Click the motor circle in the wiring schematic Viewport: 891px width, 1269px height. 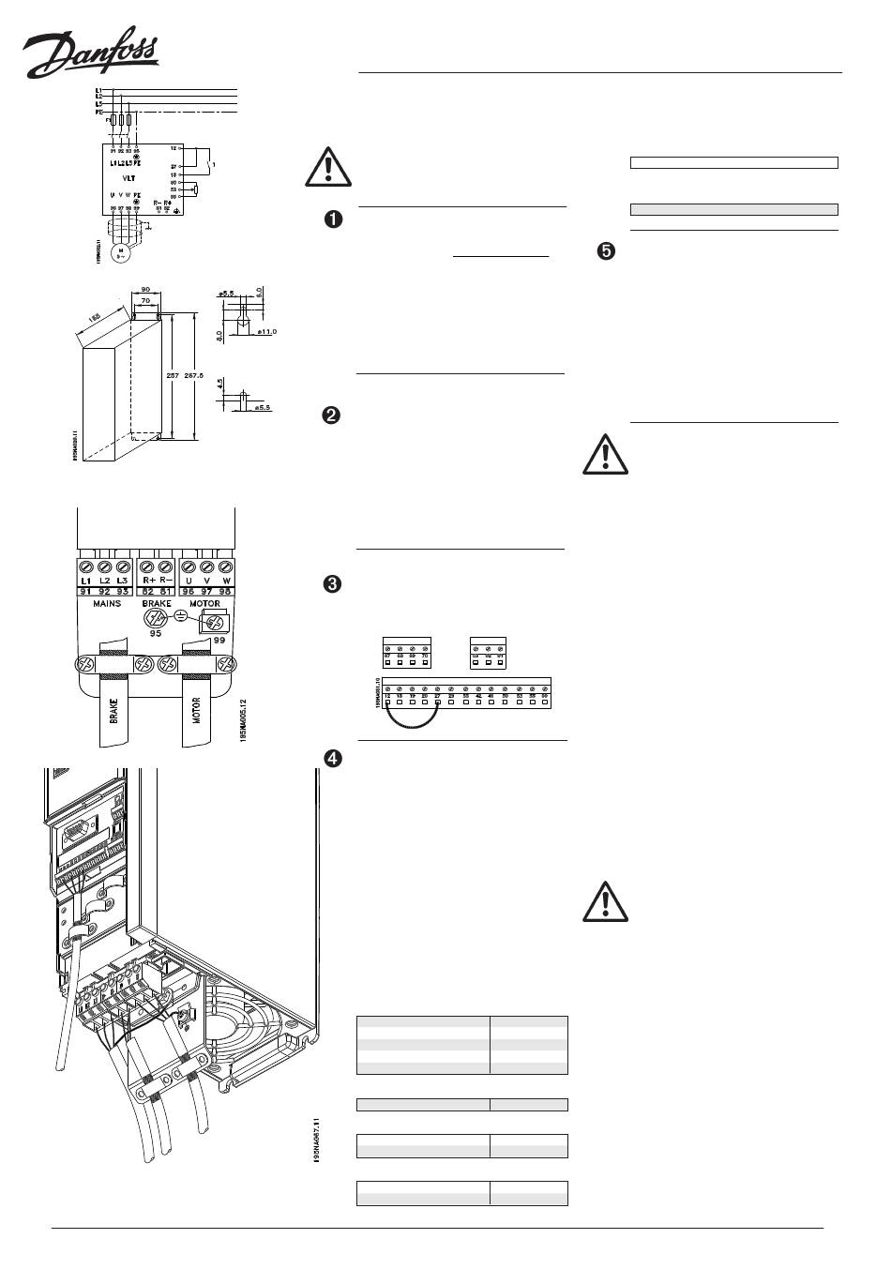[x=119, y=252]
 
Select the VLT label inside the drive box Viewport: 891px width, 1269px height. [x=128, y=175]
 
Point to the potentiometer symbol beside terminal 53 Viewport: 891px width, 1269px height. [x=194, y=189]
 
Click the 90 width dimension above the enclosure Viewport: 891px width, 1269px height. [x=145, y=290]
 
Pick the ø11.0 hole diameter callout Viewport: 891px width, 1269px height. [x=267, y=332]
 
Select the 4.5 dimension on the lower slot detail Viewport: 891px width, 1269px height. [x=218, y=385]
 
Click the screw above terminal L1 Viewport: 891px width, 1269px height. [x=85, y=568]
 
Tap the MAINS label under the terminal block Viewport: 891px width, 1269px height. [x=106, y=604]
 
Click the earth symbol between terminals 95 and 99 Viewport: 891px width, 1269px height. [x=182, y=618]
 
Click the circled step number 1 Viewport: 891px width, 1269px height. [x=332, y=219]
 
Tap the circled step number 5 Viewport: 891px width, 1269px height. [x=607, y=251]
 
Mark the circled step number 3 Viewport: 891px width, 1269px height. [x=332, y=584]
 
